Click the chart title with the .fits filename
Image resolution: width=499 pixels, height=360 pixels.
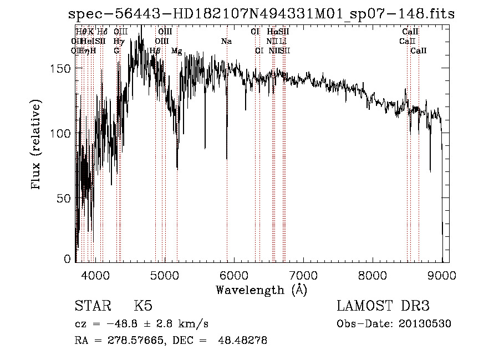[261, 14]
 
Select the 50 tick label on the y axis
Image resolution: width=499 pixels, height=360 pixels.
[65, 199]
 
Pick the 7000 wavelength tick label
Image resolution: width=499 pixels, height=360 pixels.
[303, 274]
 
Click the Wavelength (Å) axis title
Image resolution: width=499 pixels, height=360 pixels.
[261, 290]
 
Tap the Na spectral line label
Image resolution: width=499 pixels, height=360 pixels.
[226, 42]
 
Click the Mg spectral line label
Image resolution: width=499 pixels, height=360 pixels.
[177, 51]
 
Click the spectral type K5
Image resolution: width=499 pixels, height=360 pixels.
[143, 306]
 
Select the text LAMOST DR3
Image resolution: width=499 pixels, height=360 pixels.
[383, 306]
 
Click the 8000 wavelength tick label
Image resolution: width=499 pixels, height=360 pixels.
[373, 274]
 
